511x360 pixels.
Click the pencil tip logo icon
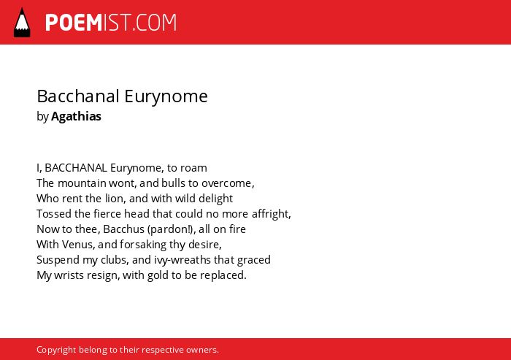pos(22,23)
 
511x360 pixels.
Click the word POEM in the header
pos(74,23)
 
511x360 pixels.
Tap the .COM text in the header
pos(155,23)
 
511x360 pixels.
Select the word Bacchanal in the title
pos(78,96)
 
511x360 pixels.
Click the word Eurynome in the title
pos(166,97)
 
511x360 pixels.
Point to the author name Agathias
pos(76,116)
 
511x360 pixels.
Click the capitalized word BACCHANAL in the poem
pos(76,168)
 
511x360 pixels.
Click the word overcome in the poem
pos(226,183)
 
